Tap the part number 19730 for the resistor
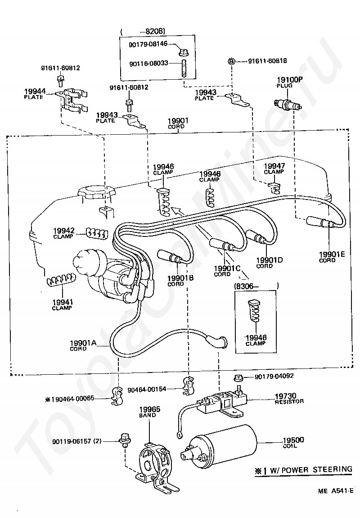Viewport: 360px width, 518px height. [x=285, y=396]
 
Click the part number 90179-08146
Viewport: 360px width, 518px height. [x=148, y=44]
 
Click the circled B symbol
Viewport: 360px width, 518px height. [x=232, y=61]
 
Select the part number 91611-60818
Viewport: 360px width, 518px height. [x=267, y=61]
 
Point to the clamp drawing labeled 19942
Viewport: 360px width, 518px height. [x=96, y=233]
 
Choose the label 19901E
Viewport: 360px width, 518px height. [x=332, y=254]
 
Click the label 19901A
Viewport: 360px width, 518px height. [x=83, y=343]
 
